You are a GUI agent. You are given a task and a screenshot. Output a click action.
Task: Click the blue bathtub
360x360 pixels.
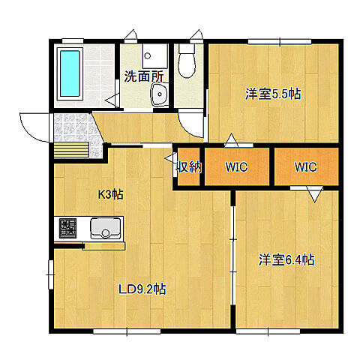click(x=70, y=73)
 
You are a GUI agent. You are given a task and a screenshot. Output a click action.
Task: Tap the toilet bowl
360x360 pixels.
click(x=187, y=65)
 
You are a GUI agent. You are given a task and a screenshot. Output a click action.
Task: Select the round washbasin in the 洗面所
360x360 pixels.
click(x=158, y=94)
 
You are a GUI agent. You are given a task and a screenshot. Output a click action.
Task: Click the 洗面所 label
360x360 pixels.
click(x=144, y=76)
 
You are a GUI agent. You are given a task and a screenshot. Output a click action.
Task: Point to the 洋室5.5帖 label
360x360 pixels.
click(x=273, y=94)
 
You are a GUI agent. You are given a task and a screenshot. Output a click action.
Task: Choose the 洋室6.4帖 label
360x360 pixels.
click(x=286, y=260)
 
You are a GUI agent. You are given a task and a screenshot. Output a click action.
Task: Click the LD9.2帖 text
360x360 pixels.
click(x=142, y=289)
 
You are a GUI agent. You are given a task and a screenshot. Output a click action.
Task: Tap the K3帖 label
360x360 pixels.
click(x=110, y=194)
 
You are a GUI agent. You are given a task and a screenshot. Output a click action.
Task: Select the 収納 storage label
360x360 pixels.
click(x=189, y=166)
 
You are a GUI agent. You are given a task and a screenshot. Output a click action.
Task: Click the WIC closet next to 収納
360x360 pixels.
click(x=237, y=166)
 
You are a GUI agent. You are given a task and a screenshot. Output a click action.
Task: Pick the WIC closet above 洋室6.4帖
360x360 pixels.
click(x=306, y=166)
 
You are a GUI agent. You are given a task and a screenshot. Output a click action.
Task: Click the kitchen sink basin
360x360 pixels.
click(x=106, y=228)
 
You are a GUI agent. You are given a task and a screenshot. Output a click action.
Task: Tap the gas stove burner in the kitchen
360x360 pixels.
click(x=67, y=228)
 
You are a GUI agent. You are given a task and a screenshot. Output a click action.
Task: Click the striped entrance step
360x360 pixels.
click(x=71, y=150)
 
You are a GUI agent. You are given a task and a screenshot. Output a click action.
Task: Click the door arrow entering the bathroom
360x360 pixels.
click(x=112, y=100)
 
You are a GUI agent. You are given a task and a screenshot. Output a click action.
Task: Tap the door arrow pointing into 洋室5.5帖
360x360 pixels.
click(x=231, y=140)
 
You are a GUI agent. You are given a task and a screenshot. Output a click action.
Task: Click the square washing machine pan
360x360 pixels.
click(x=154, y=55)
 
